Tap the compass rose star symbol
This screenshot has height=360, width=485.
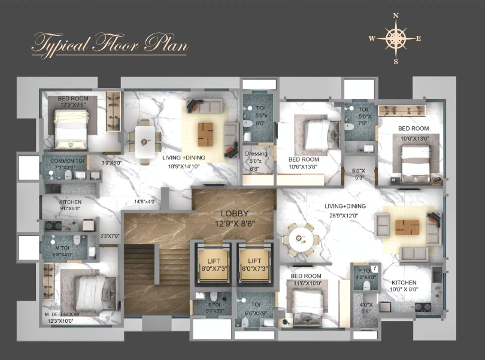point(395,38)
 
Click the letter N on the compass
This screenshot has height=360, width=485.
point(395,16)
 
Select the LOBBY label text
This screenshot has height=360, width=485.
point(235,213)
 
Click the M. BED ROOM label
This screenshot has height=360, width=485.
point(62,314)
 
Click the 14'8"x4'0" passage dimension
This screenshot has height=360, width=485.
point(145,202)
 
